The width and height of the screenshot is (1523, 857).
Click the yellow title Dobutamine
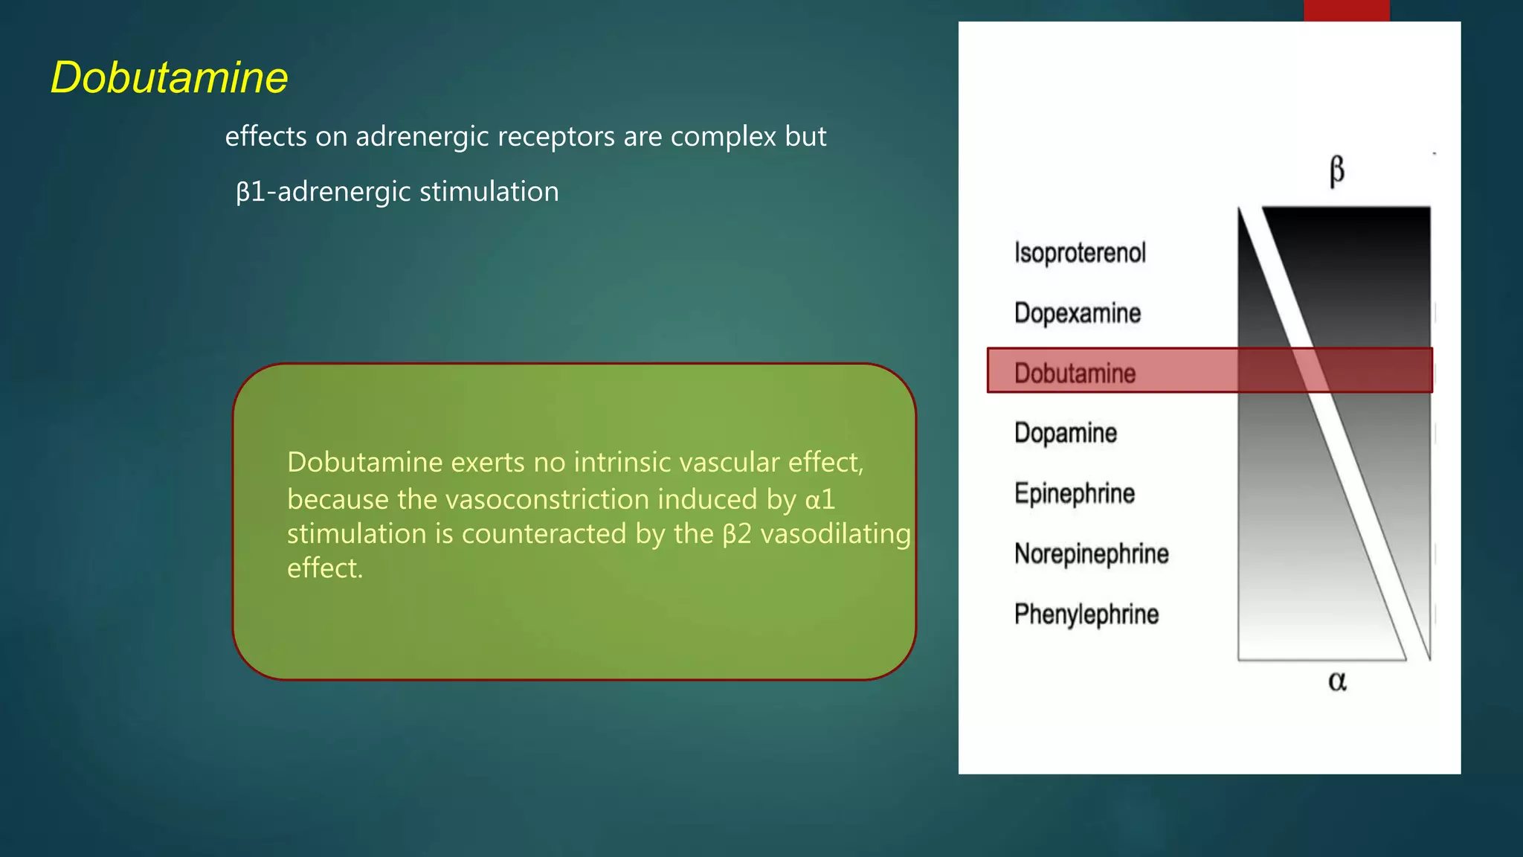pos(169,77)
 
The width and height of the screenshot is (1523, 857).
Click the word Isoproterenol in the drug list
pos(1080,253)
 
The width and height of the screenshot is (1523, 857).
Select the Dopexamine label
pos(1077,313)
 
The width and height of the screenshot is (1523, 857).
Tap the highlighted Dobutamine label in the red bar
pos(1075,373)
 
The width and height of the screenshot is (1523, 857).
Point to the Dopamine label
pos(1065,433)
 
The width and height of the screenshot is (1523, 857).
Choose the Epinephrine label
pos(1074,493)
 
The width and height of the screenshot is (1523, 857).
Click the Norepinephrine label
pos(1091,553)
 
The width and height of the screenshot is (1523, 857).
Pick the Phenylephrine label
pos(1086,614)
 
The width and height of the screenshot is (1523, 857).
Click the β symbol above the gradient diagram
pos(1336,170)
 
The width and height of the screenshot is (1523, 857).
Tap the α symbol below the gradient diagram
pos(1336,681)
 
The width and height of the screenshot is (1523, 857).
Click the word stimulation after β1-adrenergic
pos(489,192)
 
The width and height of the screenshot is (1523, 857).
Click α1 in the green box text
pos(820,499)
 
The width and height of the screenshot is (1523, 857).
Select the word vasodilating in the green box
pos(835,534)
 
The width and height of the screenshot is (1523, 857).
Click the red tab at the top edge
pos(1346,10)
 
